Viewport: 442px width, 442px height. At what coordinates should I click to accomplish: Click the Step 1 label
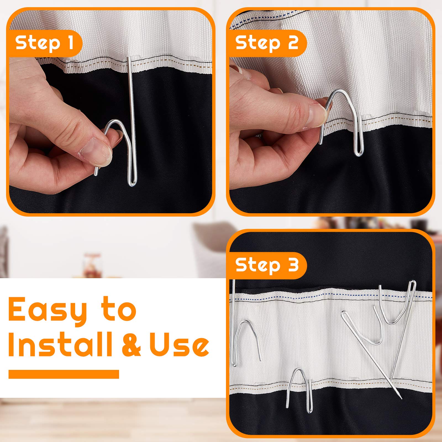pyautogui.click(x=44, y=43)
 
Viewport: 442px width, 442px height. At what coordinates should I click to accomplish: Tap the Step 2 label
pyautogui.click(x=267, y=43)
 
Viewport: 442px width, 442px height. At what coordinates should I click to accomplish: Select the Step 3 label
pyautogui.click(x=267, y=265)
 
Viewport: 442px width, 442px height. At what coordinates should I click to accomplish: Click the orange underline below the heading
pyautogui.click(x=64, y=374)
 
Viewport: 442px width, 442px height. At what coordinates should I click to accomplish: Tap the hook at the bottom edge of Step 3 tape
pyautogui.click(x=300, y=390)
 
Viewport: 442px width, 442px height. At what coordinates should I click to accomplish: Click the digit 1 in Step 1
pyautogui.click(x=70, y=43)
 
